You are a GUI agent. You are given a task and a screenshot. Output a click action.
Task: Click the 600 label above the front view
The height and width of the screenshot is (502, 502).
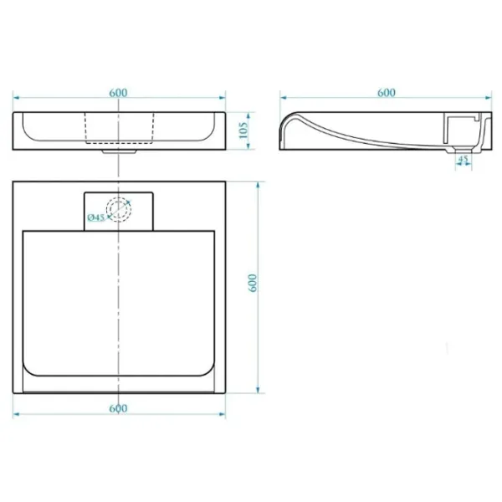(118, 93)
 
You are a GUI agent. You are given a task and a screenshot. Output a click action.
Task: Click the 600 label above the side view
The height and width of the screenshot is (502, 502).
(386, 93)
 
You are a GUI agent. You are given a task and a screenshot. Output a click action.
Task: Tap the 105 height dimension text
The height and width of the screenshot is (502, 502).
(243, 130)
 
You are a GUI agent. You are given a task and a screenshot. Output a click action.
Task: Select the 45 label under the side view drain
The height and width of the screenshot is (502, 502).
(464, 158)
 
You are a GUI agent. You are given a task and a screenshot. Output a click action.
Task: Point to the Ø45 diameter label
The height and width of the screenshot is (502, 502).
(96, 218)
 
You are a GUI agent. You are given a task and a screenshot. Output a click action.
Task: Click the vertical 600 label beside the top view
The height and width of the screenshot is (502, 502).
(253, 283)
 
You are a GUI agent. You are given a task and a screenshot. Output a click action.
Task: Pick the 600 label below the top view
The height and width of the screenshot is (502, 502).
(118, 408)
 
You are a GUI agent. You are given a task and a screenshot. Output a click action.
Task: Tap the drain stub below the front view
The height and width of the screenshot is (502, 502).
(120, 151)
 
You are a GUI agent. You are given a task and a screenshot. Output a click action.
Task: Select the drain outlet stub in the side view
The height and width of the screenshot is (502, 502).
(464, 151)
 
